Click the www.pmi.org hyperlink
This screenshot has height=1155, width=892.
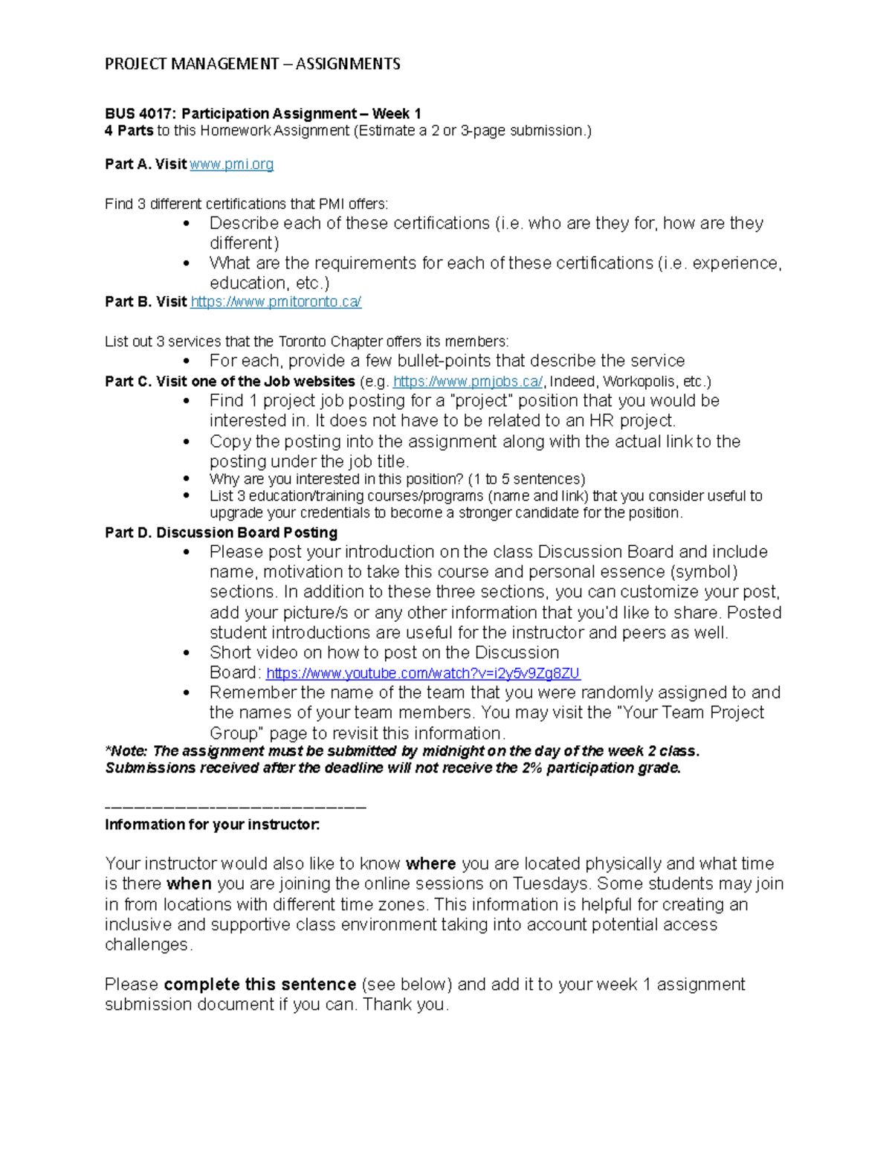pyautogui.click(x=231, y=164)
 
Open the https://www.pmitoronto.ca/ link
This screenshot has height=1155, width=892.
pyautogui.click(x=276, y=302)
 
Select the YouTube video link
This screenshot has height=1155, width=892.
pyautogui.click(x=422, y=674)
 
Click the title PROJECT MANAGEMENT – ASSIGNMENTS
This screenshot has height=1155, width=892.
pyautogui.click(x=252, y=64)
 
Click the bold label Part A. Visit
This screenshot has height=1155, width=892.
pyautogui.click(x=146, y=164)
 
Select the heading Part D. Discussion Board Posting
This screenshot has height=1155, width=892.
pyautogui.click(x=221, y=533)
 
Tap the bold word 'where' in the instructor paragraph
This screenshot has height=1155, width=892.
pyautogui.click(x=430, y=864)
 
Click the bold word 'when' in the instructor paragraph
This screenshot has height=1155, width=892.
pyautogui.click(x=189, y=884)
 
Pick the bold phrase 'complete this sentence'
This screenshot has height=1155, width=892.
pyautogui.click(x=259, y=985)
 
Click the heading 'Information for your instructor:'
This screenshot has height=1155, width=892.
pyautogui.click(x=212, y=825)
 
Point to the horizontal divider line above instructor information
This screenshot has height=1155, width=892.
pyautogui.click(x=236, y=808)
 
